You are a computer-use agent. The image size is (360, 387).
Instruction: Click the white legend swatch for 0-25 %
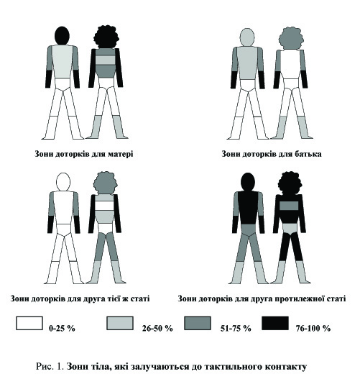tap(29, 323)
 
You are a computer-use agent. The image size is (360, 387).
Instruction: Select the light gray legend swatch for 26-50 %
tap(120, 323)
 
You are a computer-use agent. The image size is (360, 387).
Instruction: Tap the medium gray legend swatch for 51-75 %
tap(198, 323)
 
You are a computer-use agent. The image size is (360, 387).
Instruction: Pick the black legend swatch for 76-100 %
tap(275, 323)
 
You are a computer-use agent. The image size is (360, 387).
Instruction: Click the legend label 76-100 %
tap(313, 328)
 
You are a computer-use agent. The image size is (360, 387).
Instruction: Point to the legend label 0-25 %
tap(62, 328)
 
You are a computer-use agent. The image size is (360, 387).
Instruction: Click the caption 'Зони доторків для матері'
tap(84, 154)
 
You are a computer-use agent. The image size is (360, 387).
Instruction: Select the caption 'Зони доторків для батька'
tap(271, 154)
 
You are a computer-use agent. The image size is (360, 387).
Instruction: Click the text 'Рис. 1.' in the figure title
tap(50, 366)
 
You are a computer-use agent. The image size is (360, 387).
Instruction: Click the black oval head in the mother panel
tap(62, 35)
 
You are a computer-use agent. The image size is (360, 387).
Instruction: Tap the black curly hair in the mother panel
tap(106, 37)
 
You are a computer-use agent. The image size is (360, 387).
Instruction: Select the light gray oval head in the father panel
tap(247, 37)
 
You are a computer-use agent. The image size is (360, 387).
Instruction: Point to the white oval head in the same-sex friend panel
tap(63, 182)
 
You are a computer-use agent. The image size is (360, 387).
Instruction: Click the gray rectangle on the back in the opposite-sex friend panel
tap(289, 206)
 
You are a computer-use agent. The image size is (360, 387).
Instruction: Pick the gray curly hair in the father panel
tap(291, 39)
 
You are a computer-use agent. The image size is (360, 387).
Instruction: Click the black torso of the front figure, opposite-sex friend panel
tap(248, 208)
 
